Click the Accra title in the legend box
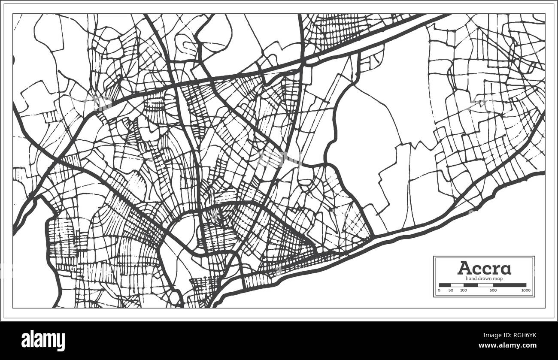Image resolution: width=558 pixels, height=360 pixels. tap(484, 268)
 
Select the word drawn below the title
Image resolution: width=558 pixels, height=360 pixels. tap(485, 278)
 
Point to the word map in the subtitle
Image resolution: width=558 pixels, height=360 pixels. tap(498, 278)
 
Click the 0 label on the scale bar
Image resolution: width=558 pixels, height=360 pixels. tap(439, 290)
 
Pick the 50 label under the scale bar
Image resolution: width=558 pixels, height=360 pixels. tap(451, 290)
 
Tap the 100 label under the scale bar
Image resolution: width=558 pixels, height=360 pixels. tap(464, 290)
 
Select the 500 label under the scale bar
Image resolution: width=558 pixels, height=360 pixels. tap(493, 290)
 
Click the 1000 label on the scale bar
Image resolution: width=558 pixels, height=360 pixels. tap(526, 290)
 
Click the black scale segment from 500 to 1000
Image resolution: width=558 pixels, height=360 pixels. tap(509, 285)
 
